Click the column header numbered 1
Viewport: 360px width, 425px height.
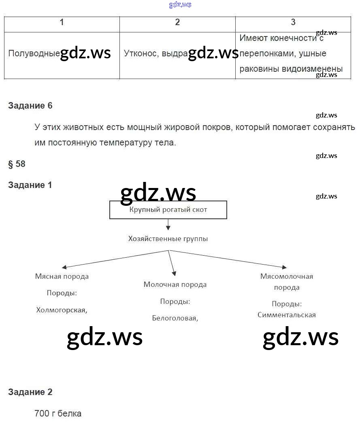click(62, 22)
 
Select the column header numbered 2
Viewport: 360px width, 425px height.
click(177, 22)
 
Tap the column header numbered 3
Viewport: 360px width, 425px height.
click(293, 22)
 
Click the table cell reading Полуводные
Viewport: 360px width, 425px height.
click(34, 53)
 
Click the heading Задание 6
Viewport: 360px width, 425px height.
click(30, 106)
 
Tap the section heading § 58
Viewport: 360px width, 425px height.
click(17, 164)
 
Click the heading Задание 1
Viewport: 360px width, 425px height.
click(30, 185)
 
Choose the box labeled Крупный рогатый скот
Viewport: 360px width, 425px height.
click(168, 210)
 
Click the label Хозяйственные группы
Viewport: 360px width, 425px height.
click(168, 239)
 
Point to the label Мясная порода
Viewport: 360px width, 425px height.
click(62, 276)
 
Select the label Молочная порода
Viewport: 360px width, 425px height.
click(175, 284)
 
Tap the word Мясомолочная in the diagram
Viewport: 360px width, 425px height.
click(287, 276)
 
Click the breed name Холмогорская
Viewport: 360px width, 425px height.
click(62, 310)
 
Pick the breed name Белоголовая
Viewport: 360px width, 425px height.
click(175, 318)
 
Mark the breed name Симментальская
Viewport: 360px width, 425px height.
click(287, 315)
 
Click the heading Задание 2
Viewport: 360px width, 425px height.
click(30, 392)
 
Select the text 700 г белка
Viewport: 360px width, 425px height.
click(58, 414)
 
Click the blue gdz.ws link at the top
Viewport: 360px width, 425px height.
click(180, 5)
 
